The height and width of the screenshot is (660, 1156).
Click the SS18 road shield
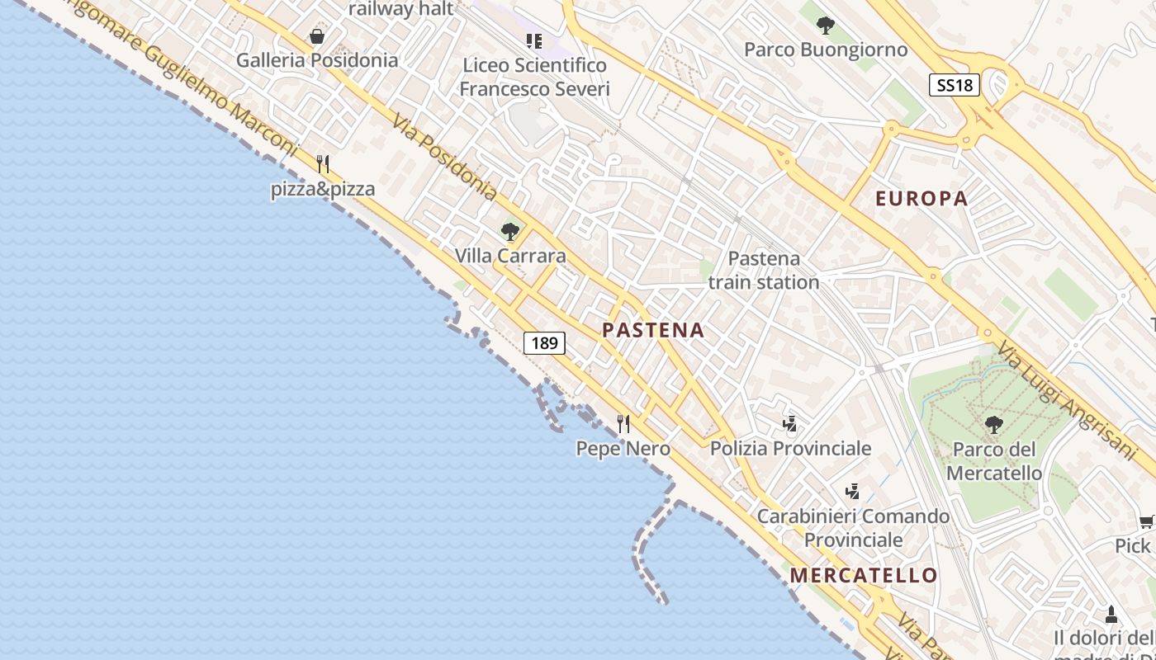pyautogui.click(x=954, y=85)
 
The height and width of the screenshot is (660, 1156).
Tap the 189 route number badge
pyautogui.click(x=544, y=342)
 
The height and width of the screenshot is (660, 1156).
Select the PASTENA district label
pyautogui.click(x=653, y=331)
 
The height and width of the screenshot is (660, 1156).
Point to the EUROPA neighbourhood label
pyautogui.click(x=921, y=199)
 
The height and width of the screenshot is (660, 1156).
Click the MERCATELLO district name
pyautogui.click(x=864, y=576)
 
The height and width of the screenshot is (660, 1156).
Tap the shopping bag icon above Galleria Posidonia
pyautogui.click(x=316, y=36)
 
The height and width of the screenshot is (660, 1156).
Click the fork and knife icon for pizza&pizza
pyautogui.click(x=323, y=164)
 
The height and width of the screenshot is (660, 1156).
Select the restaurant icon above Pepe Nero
pyautogui.click(x=623, y=424)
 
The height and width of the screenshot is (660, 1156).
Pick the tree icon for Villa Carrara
pyautogui.click(x=510, y=232)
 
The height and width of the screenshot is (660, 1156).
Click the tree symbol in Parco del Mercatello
pyautogui.click(x=994, y=425)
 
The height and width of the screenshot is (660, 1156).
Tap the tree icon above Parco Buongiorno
pyautogui.click(x=825, y=26)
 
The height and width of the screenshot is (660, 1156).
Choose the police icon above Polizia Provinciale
pyautogui.click(x=790, y=424)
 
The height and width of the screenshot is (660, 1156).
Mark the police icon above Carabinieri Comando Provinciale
pyautogui.click(x=853, y=492)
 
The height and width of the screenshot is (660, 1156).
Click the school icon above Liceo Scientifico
pyautogui.click(x=534, y=40)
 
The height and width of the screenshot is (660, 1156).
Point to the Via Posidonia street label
pyautogui.click(x=444, y=157)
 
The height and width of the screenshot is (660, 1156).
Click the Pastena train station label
pyautogui.click(x=764, y=271)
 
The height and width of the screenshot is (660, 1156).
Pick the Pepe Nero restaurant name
pyautogui.click(x=623, y=449)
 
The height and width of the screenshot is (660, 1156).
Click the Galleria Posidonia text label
pyautogui.click(x=317, y=60)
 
